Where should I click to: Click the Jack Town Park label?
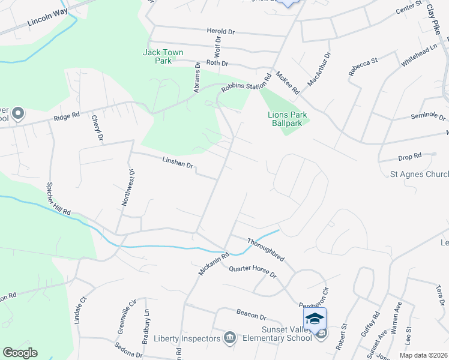[x=163, y=56]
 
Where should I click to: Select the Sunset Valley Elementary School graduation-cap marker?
[x=315, y=319]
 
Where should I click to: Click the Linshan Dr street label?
[x=177, y=163]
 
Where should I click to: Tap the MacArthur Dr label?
[x=318, y=71]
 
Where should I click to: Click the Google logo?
[x=20, y=353]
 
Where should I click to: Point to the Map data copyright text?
[x=424, y=355]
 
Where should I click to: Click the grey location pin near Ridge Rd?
[x=18, y=113]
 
